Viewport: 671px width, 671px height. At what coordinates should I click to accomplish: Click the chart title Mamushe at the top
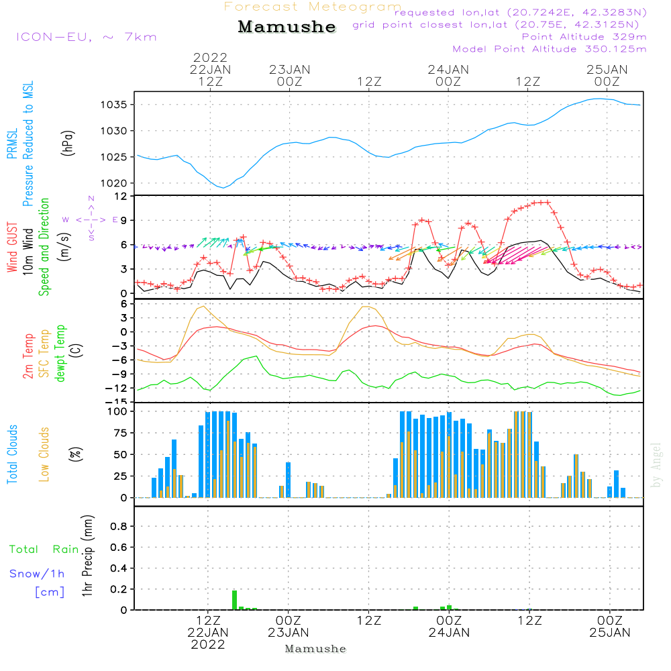pos(287,27)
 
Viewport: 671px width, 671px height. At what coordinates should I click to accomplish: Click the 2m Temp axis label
pos(28,356)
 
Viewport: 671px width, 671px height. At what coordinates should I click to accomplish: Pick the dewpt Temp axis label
pos(61,354)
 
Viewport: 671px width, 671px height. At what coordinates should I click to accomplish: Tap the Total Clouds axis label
pos(12,454)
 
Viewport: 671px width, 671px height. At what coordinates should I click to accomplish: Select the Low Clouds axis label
pos(44,454)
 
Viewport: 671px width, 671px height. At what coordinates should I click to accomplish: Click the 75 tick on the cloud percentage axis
pos(120,433)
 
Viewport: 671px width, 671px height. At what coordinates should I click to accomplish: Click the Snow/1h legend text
pos(37,574)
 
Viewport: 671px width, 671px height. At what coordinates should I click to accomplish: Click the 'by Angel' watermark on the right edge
pos(656,465)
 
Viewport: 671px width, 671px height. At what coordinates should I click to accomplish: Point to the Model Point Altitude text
pos(550,49)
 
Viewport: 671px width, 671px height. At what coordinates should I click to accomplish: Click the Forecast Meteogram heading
pos(313,7)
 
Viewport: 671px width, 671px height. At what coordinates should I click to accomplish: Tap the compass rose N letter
pos(91,199)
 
